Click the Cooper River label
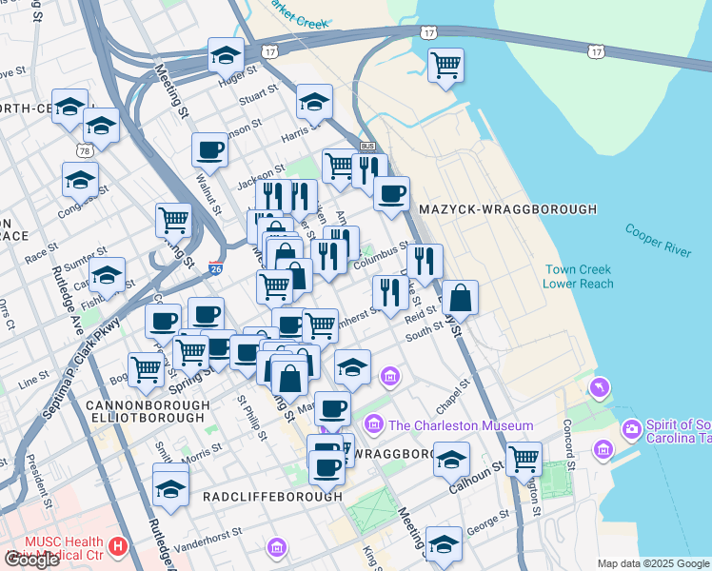[658, 239]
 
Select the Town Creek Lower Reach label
[577, 276]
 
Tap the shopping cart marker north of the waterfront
[445, 65]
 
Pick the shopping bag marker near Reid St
[460, 297]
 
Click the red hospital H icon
[118, 546]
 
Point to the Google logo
[31, 560]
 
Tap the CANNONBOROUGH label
[147, 405]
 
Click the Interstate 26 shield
[216, 271]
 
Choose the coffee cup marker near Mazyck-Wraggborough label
[390, 193]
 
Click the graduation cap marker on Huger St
[226, 56]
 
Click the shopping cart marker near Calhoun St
[524, 458]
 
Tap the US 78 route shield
[86, 151]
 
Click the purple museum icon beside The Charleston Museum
[372, 423]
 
